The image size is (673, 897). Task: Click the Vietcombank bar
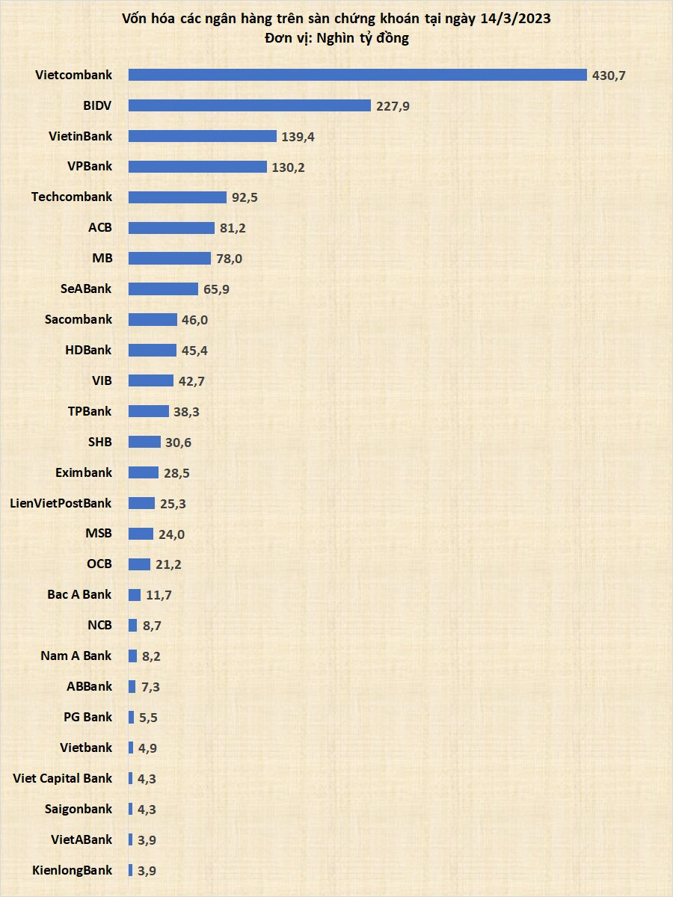tap(357, 75)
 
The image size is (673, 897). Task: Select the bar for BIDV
tap(250, 105)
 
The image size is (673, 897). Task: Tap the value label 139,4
tap(298, 137)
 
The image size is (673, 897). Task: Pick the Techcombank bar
tap(177, 197)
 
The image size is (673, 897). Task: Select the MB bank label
tap(102, 258)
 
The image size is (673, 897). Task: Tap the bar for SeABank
tap(163, 289)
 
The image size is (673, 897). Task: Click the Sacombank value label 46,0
tap(197, 320)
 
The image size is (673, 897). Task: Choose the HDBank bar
tap(153, 350)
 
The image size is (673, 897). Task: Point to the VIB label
tap(102, 380)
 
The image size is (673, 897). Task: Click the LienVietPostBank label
tap(61, 503)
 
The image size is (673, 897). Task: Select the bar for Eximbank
tap(144, 472)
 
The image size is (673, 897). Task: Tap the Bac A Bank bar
tap(135, 595)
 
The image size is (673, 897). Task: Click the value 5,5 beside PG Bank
tap(147, 718)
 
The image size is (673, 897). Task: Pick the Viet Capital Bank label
tap(63, 778)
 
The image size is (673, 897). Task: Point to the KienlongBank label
tap(73, 870)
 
